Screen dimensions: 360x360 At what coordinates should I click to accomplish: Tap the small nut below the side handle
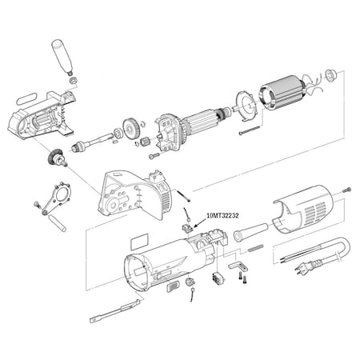coord(74,80)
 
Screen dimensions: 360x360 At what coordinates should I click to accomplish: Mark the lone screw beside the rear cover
coord(348,190)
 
